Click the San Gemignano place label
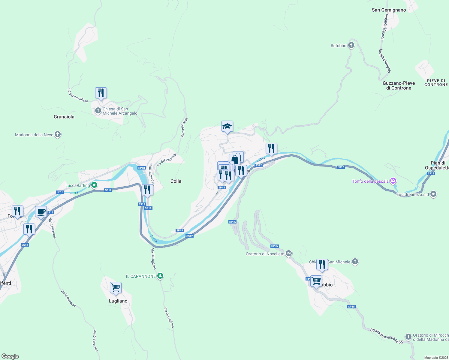pyautogui.click(x=389, y=10)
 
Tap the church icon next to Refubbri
pyautogui.click(x=351, y=46)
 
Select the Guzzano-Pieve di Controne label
pyautogui.click(x=399, y=85)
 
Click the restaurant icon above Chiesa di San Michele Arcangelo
pyautogui.click(x=101, y=93)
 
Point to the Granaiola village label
pyautogui.click(x=64, y=117)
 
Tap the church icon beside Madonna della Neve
pyautogui.click(x=58, y=135)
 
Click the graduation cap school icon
pyautogui.click(x=227, y=126)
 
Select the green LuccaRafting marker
pyautogui.click(x=94, y=185)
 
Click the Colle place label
pyautogui.click(x=176, y=181)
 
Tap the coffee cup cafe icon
pyautogui.click(x=41, y=212)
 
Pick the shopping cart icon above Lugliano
pyautogui.click(x=116, y=288)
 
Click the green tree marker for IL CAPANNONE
pyautogui.click(x=161, y=276)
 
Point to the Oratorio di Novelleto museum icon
pyautogui.click(x=289, y=254)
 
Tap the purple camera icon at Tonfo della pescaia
pyautogui.click(x=393, y=181)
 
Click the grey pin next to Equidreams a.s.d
pyautogui.click(x=433, y=194)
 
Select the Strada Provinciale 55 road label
pyautogui.click(x=387, y=336)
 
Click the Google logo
pyautogui.click(x=10, y=356)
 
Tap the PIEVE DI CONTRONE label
pyautogui.click(x=436, y=83)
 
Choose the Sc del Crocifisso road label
pyautogui.click(x=78, y=95)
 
